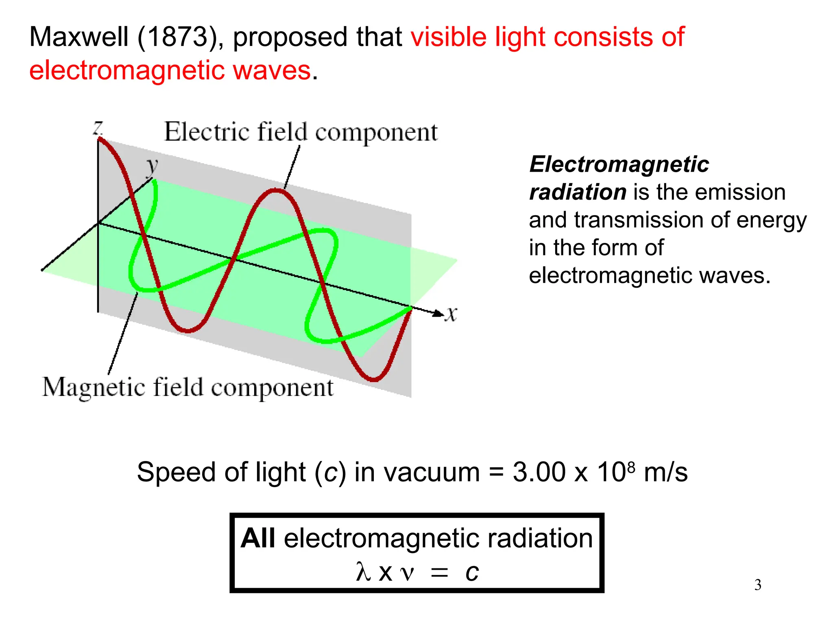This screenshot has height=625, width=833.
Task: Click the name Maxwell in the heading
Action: (79, 37)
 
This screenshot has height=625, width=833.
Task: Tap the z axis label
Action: (98, 128)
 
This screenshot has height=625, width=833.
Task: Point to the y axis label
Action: (152, 166)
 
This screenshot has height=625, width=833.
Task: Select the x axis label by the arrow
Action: (451, 314)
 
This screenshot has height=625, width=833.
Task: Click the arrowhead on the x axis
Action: (438, 313)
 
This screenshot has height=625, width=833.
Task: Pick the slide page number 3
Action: (758, 585)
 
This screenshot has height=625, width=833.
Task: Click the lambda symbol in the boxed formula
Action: (363, 572)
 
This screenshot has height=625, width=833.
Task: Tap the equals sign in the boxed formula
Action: (439, 573)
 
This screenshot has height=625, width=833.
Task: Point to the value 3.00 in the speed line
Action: (539, 472)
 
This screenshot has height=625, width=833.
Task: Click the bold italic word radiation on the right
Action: (578, 192)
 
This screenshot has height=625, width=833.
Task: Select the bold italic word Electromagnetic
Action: (619, 164)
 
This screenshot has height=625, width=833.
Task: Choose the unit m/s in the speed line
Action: (666, 472)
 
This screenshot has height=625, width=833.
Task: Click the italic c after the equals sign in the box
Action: (472, 572)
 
